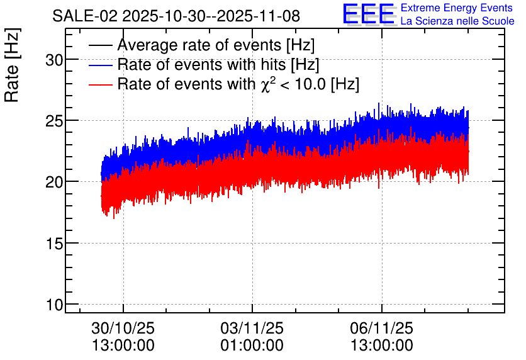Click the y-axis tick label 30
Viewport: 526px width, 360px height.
pyautogui.click(x=54, y=60)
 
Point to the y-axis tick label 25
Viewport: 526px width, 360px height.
pyautogui.click(x=54, y=121)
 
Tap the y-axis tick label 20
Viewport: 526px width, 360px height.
pyautogui.click(x=54, y=183)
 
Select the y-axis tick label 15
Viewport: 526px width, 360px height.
pyautogui.click(x=54, y=244)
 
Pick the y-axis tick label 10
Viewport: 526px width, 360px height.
pyautogui.click(x=54, y=305)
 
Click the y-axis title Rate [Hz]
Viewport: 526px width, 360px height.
pyautogui.click(x=12, y=65)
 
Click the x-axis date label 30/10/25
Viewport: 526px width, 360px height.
pyautogui.click(x=123, y=328)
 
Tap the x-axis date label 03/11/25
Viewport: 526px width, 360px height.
pyautogui.click(x=252, y=328)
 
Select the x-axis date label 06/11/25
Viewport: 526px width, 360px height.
pyautogui.click(x=382, y=328)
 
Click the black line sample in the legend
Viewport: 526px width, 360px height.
pyautogui.click(x=100, y=45)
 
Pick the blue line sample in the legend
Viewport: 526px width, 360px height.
pyautogui.click(x=100, y=65)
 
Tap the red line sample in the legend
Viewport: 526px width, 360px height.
pyautogui.click(x=100, y=84)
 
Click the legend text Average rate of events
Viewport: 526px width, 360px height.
pyautogui.click(x=199, y=45)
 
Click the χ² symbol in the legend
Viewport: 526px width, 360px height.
pyautogui.click(x=268, y=84)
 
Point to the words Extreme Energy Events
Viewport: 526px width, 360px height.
pyautogui.click(x=457, y=8)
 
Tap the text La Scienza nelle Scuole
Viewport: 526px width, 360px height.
pyautogui.click(x=457, y=21)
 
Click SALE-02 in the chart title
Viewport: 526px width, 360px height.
pyautogui.click(x=85, y=16)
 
